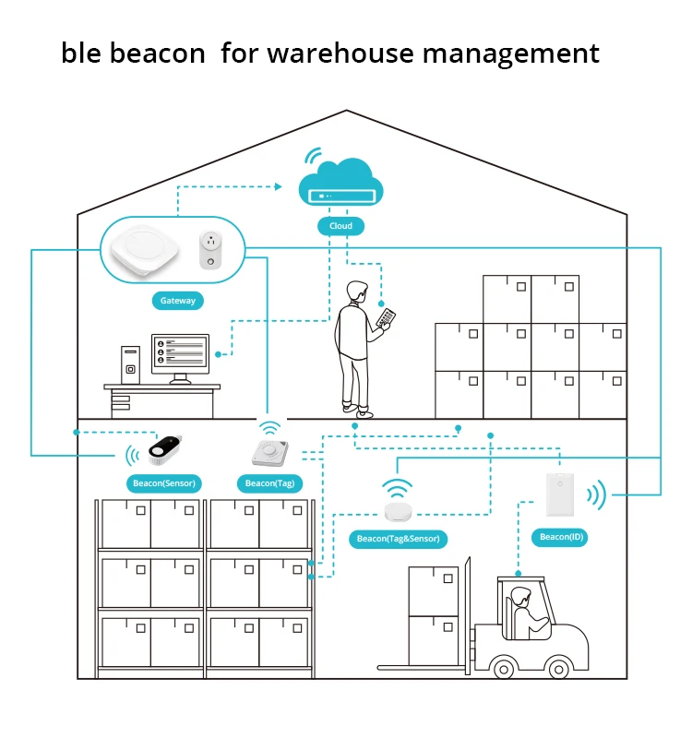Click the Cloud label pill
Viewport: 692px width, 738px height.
340,225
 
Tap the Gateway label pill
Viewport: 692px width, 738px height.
178,301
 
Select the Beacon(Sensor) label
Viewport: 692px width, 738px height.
164,482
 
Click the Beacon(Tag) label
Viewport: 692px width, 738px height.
270,482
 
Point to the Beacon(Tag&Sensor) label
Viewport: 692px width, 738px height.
399,538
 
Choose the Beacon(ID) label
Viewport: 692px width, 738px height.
562,537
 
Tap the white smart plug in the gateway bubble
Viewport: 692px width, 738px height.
211,250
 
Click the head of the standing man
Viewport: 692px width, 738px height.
357,294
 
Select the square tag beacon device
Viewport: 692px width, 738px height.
270,453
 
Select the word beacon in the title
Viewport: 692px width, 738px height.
158,53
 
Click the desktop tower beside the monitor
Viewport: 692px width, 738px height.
132,363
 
